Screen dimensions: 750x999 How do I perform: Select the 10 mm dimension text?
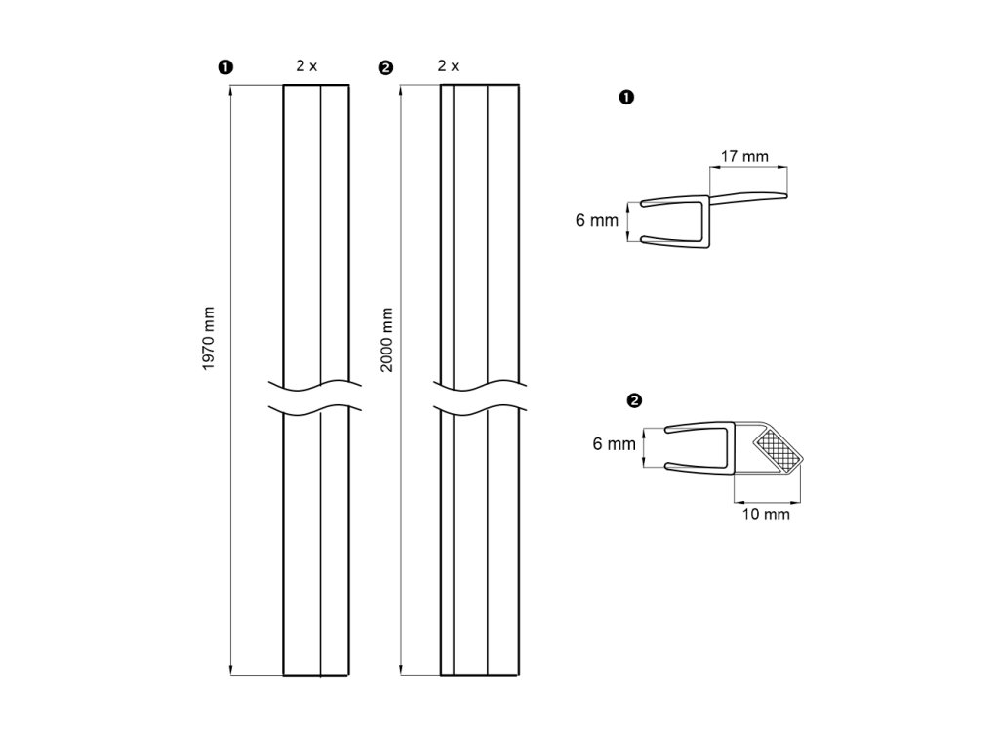click(766, 514)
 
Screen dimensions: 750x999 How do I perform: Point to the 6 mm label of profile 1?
click(597, 221)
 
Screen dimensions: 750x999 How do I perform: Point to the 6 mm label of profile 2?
click(615, 444)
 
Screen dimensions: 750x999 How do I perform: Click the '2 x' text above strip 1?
click(307, 66)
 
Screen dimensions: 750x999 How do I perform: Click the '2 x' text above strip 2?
click(448, 66)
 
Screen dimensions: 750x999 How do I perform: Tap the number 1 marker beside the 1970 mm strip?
click(225, 67)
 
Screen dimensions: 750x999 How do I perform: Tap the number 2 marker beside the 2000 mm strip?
click(384, 67)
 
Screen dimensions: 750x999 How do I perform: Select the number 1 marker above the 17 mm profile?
click(627, 97)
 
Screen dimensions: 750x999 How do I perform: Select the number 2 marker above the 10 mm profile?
click(635, 400)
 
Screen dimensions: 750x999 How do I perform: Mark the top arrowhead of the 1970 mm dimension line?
click(231, 91)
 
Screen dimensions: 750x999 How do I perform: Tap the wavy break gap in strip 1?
click(315, 395)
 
